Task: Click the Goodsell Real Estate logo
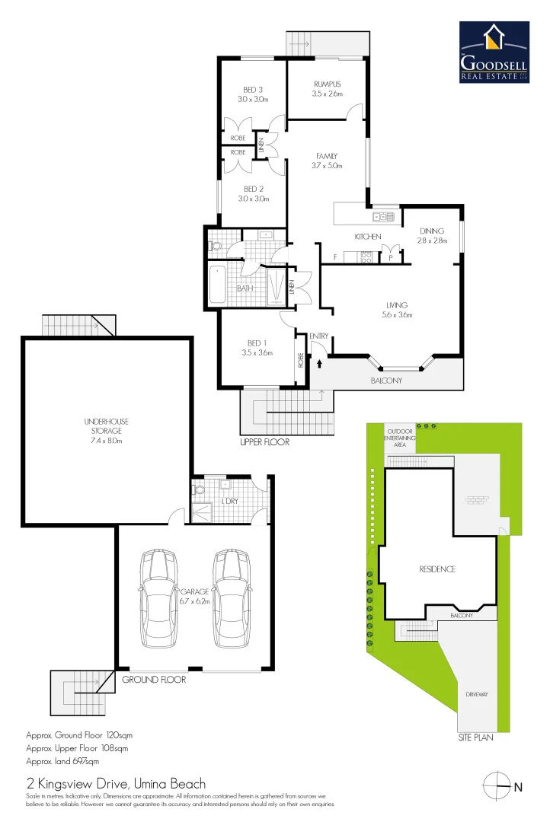click(494, 53)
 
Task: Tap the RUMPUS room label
click(327, 84)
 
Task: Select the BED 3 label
click(253, 89)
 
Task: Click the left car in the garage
click(158, 597)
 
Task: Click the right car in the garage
click(232, 597)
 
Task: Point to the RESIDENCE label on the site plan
click(436, 569)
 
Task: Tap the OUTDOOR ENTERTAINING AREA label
click(400, 439)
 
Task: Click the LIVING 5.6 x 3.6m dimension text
click(396, 314)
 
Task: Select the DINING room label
click(432, 231)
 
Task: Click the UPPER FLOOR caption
click(264, 442)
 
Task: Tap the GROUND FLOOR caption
click(154, 680)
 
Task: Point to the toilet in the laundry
click(199, 490)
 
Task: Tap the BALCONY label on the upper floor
click(386, 381)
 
